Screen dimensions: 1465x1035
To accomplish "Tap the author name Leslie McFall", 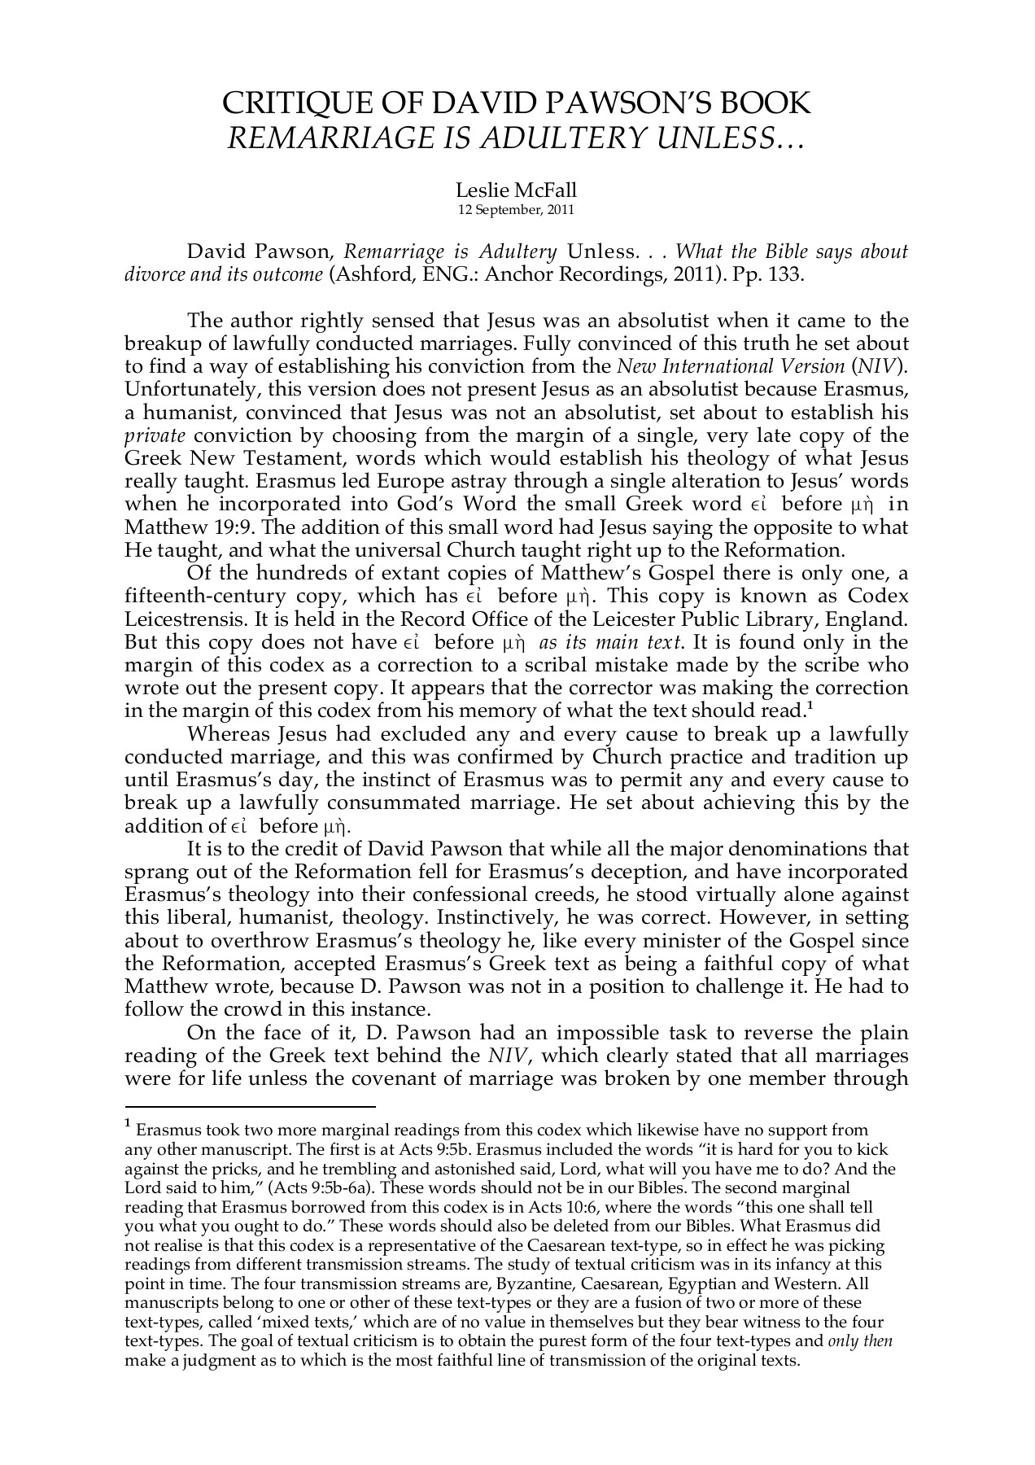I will pos(517,190).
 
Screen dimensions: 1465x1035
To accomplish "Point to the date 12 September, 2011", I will pos(517,209).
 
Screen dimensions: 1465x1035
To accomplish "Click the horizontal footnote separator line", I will pos(249,1107).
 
